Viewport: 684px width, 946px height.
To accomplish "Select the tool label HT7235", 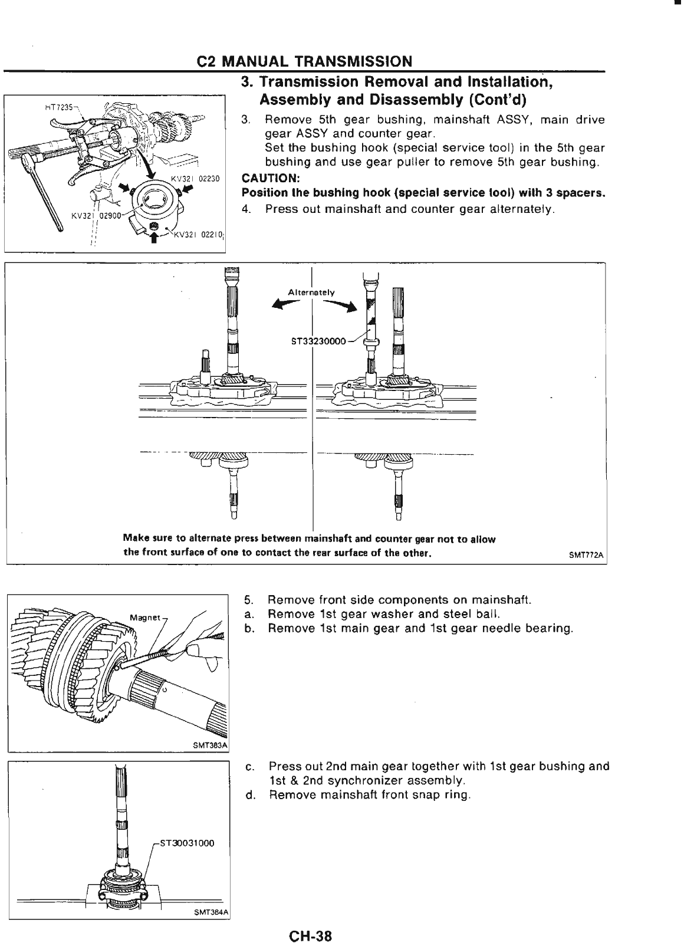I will (x=57, y=108).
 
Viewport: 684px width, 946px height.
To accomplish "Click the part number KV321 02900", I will (x=92, y=215).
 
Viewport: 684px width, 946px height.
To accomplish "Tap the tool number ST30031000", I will (x=186, y=843).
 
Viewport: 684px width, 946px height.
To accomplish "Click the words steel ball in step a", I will (x=479, y=614).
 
